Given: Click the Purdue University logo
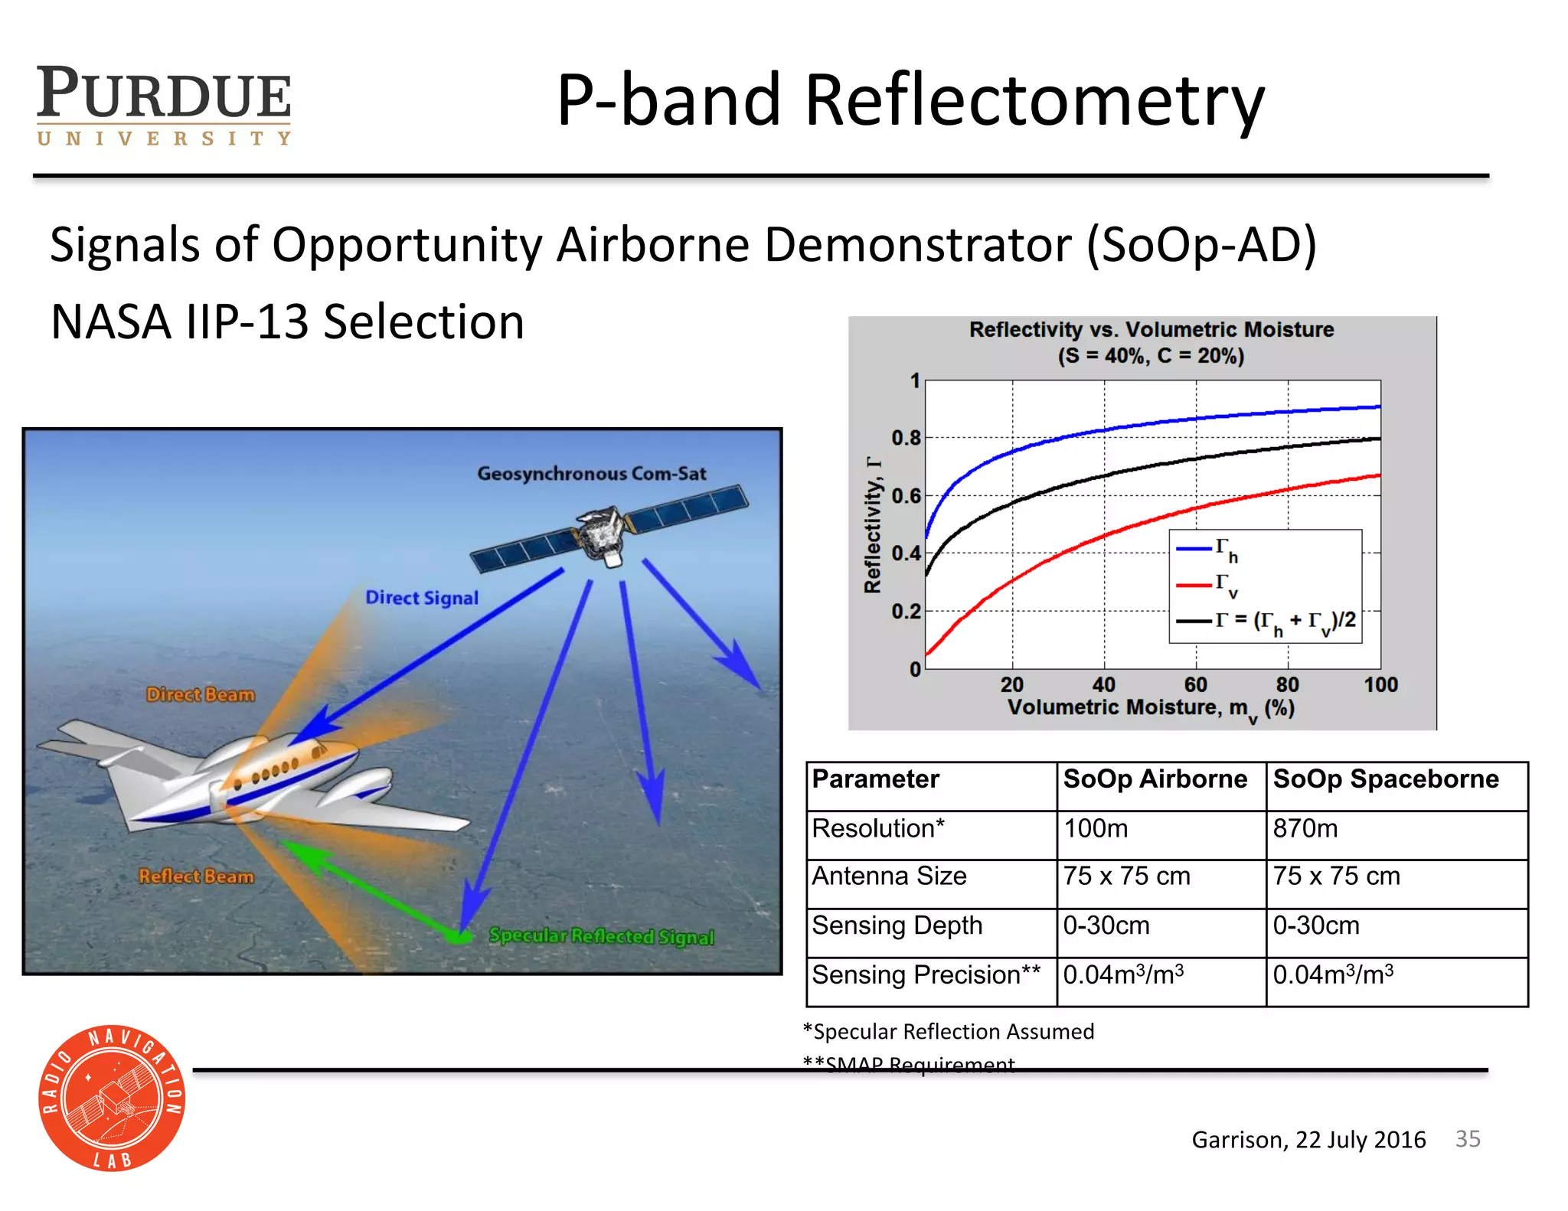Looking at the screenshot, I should click(x=164, y=106).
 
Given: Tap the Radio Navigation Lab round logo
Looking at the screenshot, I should click(x=112, y=1098).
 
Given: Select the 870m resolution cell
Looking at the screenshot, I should click(x=1305, y=829).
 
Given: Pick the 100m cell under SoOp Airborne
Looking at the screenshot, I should click(x=1096, y=829).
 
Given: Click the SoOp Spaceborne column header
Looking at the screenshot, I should click(x=1385, y=779).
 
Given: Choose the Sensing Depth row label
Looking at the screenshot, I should click(x=897, y=925).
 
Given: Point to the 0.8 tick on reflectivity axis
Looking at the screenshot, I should click(x=906, y=438).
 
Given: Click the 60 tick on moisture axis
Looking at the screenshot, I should click(x=1195, y=684).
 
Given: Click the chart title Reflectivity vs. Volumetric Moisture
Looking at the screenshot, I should click(x=1151, y=330).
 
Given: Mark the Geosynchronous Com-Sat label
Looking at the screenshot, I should click(x=591, y=474).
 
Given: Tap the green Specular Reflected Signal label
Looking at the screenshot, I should click(x=601, y=936).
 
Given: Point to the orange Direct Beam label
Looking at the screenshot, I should click(x=201, y=695).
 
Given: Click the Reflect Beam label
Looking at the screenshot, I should click(x=196, y=876).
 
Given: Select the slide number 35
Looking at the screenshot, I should click(x=1467, y=1139).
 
